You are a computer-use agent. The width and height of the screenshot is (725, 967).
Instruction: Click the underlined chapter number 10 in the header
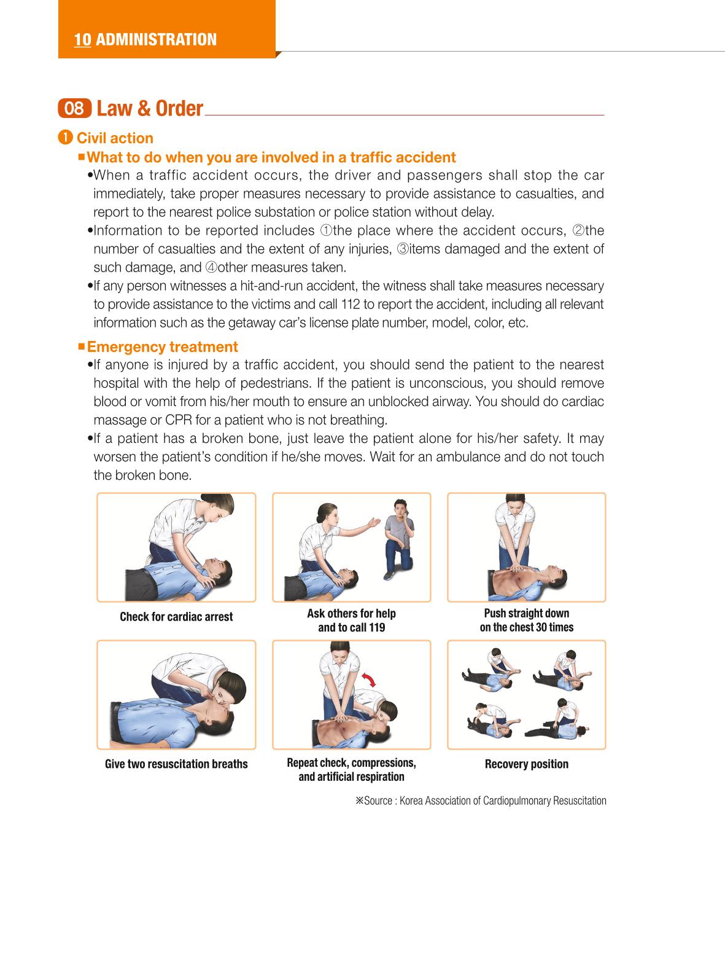[82, 40]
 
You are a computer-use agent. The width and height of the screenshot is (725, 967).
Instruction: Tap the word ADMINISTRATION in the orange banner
[157, 40]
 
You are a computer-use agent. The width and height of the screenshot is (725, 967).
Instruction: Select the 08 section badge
[74, 108]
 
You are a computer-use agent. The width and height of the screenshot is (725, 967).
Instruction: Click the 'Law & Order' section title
[150, 108]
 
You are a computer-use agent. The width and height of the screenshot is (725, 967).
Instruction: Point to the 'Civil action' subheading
[115, 138]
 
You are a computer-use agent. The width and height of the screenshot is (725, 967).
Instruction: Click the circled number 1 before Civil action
[64, 138]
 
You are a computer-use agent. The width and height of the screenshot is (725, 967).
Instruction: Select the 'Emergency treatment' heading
[163, 346]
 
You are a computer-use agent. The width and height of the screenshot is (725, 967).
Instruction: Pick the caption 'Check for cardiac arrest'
[176, 616]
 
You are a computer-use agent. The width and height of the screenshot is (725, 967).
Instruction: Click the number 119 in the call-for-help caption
[376, 627]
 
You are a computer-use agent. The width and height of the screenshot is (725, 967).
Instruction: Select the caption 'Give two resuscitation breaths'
[176, 764]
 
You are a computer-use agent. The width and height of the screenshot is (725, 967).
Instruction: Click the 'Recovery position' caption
[527, 764]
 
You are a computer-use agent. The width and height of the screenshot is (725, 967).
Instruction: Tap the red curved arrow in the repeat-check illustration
[370, 679]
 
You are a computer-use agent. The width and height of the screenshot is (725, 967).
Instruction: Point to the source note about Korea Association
[481, 800]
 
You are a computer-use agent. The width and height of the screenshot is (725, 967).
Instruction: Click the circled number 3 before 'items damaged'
[402, 249]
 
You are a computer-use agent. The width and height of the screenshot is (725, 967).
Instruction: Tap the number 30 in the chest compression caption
[541, 627]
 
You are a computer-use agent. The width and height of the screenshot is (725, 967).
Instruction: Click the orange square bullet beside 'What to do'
[82, 157]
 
